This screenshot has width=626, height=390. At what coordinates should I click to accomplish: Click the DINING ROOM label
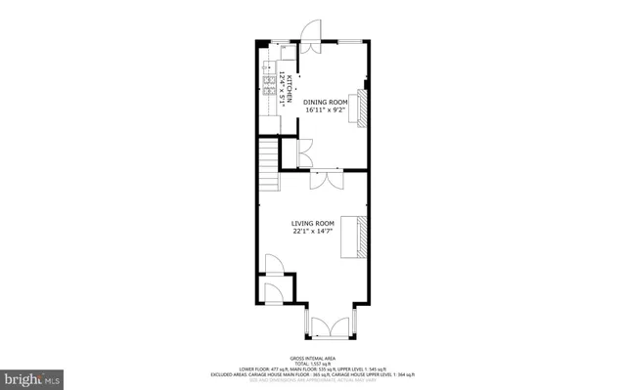325,102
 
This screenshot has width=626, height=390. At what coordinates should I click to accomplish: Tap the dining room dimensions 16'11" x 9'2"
325,110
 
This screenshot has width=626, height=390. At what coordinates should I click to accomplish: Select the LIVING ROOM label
312,223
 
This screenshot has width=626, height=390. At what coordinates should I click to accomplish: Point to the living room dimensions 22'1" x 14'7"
312,232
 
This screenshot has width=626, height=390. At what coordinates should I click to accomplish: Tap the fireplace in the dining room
361,108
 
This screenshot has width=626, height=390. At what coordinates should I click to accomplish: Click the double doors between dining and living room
324,180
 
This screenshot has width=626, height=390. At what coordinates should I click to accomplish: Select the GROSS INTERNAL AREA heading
312,359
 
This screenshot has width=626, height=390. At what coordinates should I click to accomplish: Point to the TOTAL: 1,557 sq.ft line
312,364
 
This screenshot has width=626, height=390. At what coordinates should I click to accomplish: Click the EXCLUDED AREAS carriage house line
312,374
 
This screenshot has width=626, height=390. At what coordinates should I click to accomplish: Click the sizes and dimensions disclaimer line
312,379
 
